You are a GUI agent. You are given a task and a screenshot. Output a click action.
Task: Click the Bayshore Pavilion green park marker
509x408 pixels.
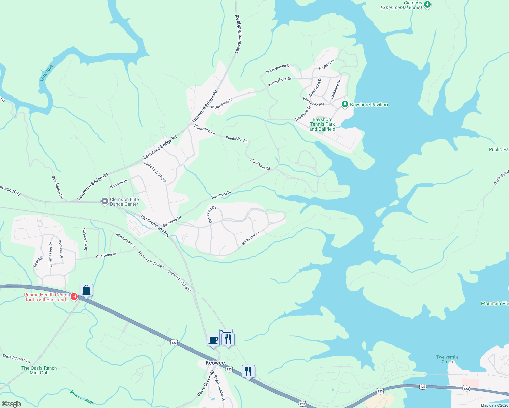[x=345, y=104]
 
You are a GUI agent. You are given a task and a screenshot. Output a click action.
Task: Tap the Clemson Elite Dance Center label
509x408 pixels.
[x=124, y=202]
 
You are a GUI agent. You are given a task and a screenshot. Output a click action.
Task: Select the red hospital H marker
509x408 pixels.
[x=74, y=297]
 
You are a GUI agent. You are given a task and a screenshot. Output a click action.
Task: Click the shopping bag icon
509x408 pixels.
[x=86, y=290]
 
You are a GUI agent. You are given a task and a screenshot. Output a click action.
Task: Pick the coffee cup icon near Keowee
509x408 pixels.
[x=213, y=340]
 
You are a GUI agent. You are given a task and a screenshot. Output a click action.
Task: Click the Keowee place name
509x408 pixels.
[x=215, y=363]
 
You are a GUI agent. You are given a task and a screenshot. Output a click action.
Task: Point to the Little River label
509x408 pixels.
[x=47, y=72]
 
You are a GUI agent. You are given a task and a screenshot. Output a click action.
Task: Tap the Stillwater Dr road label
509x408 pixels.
[x=251, y=238]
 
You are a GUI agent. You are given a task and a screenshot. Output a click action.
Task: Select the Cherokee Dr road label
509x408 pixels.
[x=106, y=255]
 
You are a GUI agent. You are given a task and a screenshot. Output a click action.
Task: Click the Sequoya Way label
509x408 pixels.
[x=85, y=239]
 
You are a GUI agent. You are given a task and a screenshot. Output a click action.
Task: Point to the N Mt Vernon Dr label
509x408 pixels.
[x=278, y=68]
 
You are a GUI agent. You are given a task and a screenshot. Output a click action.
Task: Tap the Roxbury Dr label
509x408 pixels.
[x=327, y=64]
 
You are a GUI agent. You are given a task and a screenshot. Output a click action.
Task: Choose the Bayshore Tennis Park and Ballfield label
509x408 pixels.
[x=322, y=124]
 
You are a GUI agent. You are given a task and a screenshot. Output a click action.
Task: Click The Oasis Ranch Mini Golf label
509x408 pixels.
[x=39, y=370]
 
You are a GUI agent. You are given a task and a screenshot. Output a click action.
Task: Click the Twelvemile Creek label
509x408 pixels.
[x=447, y=359]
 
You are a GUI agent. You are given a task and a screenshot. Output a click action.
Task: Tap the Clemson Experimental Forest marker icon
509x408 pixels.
[x=428, y=5]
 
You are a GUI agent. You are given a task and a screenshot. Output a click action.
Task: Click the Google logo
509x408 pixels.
[x=12, y=404]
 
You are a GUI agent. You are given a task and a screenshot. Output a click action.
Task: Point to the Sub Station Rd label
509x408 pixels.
[x=58, y=187]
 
